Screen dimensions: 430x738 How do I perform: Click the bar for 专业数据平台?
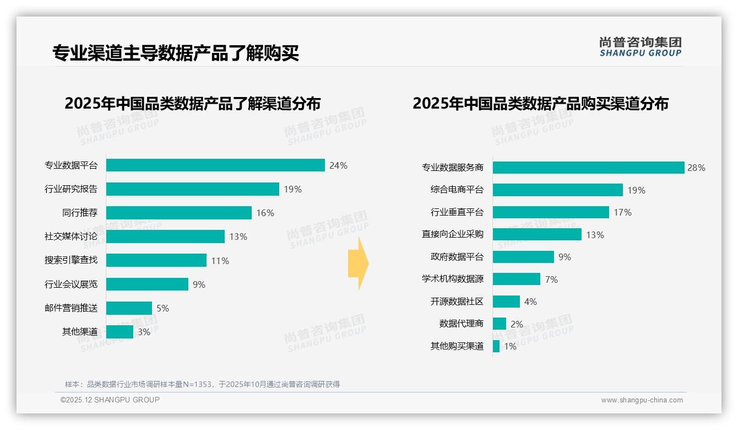tap(215, 165)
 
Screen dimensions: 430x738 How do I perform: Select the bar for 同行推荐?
tap(178, 213)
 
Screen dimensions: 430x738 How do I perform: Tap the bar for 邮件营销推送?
tap(129, 308)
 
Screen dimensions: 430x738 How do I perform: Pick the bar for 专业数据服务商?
tap(588, 168)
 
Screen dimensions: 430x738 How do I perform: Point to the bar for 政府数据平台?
tap(523, 257)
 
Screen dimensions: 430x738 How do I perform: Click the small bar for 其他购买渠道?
tap(496, 346)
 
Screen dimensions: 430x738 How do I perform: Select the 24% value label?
tap(338, 165)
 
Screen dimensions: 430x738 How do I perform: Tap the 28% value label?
tap(696, 168)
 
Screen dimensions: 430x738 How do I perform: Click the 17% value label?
tap(622, 212)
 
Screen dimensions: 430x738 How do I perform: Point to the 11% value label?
tap(220, 261)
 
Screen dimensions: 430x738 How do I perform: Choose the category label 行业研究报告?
tap(71, 189)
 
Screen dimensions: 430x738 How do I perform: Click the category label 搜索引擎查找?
tap(71, 260)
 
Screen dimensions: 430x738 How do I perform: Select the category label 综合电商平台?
tap(457, 190)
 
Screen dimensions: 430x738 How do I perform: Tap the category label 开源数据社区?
tap(457, 302)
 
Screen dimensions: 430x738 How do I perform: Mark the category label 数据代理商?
tap(461, 324)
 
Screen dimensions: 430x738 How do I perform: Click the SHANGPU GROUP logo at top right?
tap(640, 46)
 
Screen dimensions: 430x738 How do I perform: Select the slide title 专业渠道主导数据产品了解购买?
tap(176, 53)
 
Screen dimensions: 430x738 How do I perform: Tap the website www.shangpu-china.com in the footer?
tap(642, 400)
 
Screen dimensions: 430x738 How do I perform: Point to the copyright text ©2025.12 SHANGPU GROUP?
tap(110, 400)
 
